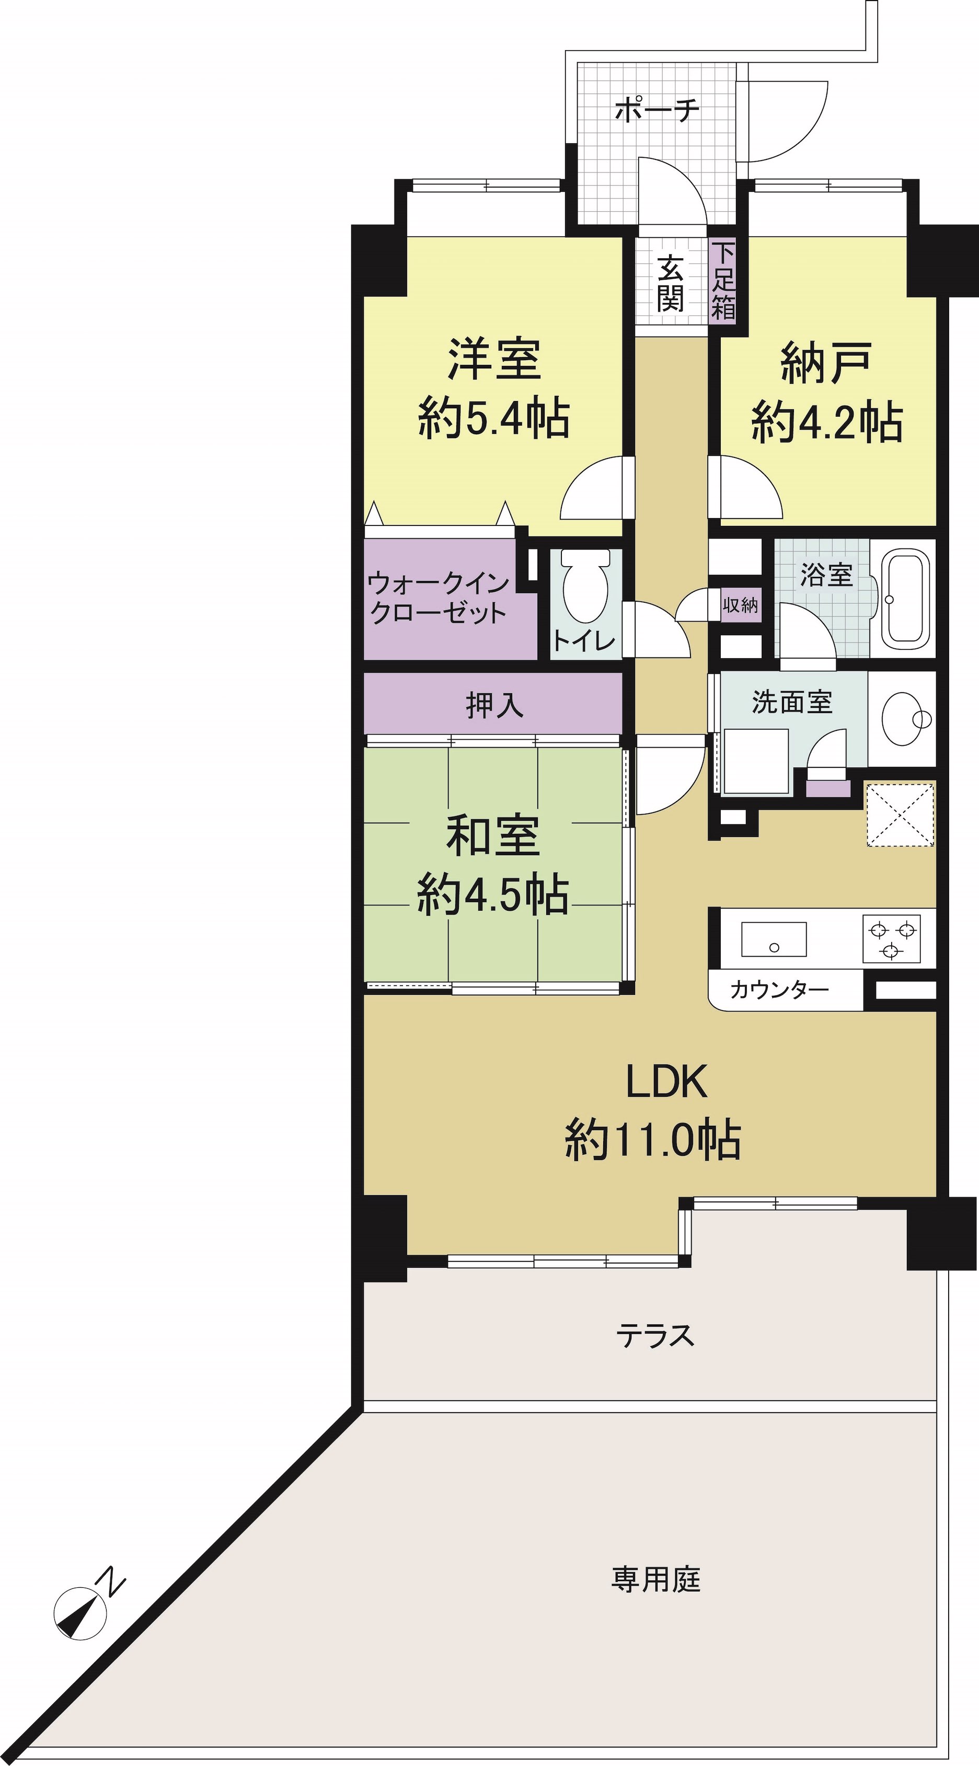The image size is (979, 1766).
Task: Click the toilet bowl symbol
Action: tap(585, 586)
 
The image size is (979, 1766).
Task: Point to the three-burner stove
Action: tap(891, 939)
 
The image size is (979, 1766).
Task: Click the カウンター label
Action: tap(779, 989)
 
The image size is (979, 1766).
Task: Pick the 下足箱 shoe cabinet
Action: tap(722, 280)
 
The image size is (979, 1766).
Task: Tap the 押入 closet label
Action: tap(495, 705)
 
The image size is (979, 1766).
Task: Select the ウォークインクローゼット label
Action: tap(439, 598)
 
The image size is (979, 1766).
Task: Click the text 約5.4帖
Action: tap(493, 419)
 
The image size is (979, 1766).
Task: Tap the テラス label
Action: tap(655, 1335)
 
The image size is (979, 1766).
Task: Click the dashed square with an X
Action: tap(900, 815)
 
